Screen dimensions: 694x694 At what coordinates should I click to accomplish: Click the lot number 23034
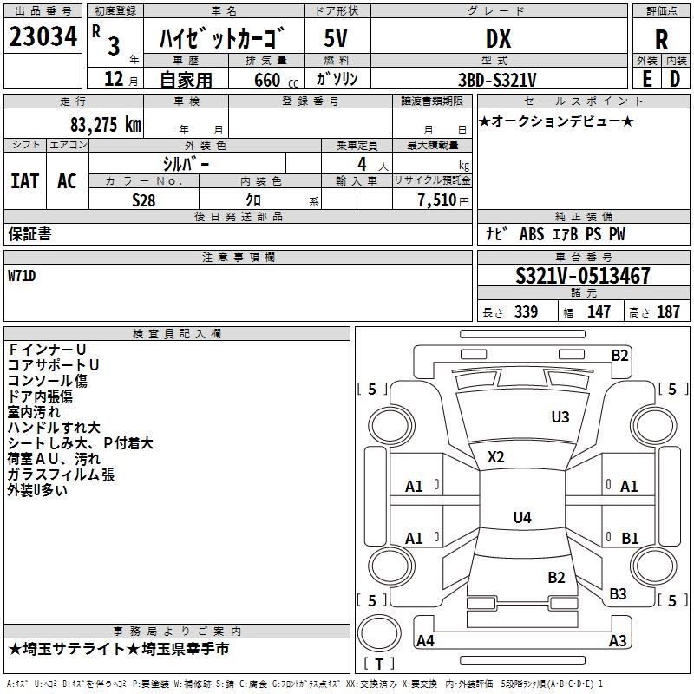pos(43,36)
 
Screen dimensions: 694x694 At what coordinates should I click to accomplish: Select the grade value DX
pos(498,38)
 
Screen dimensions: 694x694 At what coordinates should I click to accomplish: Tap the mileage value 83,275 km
pos(105,125)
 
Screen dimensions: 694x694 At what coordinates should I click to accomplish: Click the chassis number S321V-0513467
pos(583,275)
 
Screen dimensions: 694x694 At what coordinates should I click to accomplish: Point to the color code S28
pos(144,200)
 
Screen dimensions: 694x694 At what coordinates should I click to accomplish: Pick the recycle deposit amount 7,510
pos(437,200)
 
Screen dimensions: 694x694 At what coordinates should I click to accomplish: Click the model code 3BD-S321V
pos(497,80)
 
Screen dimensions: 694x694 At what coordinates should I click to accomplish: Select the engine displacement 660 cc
pos(276,80)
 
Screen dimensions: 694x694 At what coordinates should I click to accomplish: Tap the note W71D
pos(22,276)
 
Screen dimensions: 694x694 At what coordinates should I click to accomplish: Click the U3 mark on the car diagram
pos(560,416)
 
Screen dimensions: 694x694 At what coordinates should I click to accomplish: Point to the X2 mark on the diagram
pos(495,457)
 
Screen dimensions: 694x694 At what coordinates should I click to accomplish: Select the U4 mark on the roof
pos(522,517)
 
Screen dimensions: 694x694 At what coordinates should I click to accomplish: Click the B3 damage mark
pos(618,593)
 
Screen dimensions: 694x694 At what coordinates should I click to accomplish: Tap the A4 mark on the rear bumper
pos(425,640)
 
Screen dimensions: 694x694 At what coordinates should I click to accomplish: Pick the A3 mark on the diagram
pos(618,640)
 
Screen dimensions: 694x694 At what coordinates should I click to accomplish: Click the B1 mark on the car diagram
pos(630,538)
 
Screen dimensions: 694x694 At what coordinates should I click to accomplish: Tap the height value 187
pos(668,311)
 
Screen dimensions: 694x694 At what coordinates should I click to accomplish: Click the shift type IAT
pos(25,181)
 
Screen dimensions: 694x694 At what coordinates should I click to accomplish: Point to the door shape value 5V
pos(336,38)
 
